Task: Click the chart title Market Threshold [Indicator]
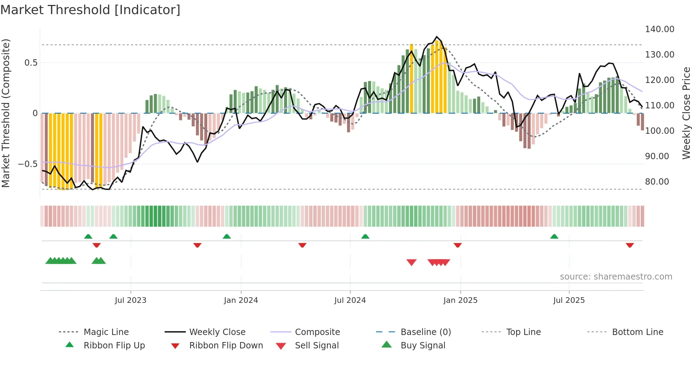tap(90, 10)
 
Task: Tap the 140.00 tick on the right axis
tap(660, 29)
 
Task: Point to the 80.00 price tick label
tap(657, 182)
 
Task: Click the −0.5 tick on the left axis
tap(28, 164)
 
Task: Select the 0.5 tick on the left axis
tap(31, 63)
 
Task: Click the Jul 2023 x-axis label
tap(130, 300)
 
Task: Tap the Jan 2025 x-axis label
tap(460, 300)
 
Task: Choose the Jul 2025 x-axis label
tap(569, 300)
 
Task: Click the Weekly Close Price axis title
tap(686, 113)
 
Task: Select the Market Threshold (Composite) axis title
tap(6, 113)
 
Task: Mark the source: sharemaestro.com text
tap(616, 277)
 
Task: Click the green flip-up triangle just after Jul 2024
tap(365, 237)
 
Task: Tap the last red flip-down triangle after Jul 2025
tap(630, 245)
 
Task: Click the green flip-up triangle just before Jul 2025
tap(554, 237)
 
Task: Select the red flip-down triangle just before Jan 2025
tap(458, 245)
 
